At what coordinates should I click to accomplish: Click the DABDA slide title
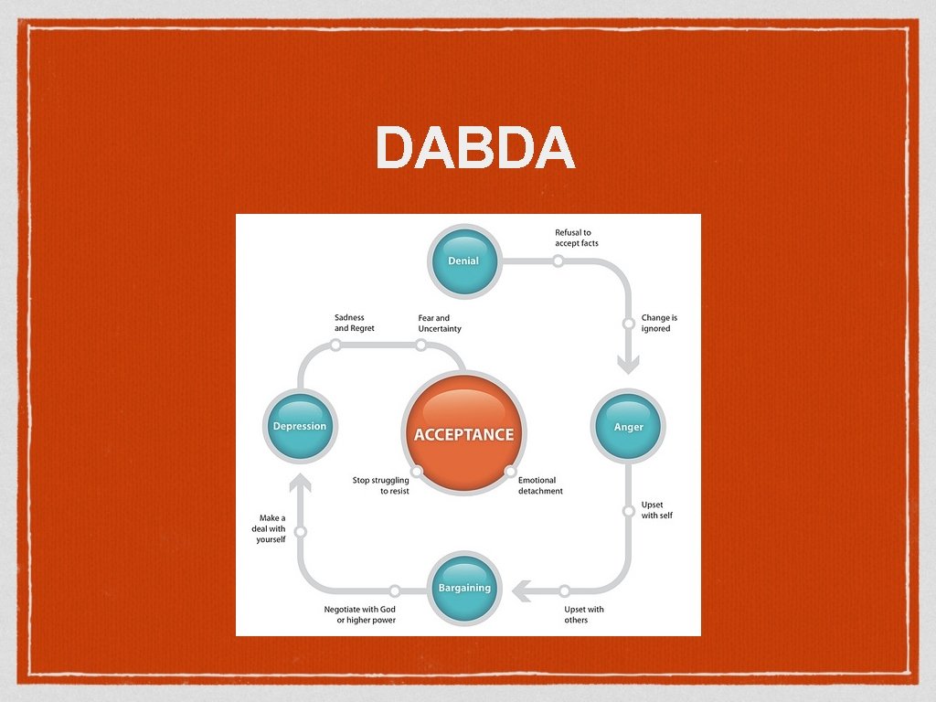pyautogui.click(x=474, y=148)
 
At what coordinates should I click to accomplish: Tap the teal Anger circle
pyautogui.click(x=628, y=427)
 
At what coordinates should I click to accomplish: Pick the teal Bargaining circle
pyautogui.click(x=464, y=588)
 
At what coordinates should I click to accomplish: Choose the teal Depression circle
pyautogui.click(x=300, y=427)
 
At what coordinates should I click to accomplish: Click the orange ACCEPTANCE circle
pyautogui.click(x=464, y=434)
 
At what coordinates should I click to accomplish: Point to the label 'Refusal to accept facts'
pyautogui.click(x=577, y=238)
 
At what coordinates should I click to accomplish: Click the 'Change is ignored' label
pyautogui.click(x=659, y=324)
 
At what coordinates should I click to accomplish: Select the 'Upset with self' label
pyautogui.click(x=656, y=510)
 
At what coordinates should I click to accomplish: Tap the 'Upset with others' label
pyautogui.click(x=583, y=614)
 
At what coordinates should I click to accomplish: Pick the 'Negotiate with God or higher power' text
pyautogui.click(x=360, y=614)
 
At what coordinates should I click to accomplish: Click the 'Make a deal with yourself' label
pyautogui.click(x=270, y=528)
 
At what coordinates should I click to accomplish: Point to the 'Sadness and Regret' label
pyautogui.click(x=354, y=324)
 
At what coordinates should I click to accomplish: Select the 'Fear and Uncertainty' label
pyautogui.click(x=440, y=324)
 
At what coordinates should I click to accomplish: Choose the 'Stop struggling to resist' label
pyautogui.click(x=381, y=485)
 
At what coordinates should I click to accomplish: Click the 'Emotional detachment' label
pyautogui.click(x=540, y=485)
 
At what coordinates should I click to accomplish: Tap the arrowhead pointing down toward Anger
pyautogui.click(x=628, y=366)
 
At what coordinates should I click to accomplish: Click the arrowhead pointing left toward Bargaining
pyautogui.click(x=523, y=591)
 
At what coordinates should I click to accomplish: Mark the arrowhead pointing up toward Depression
pyautogui.click(x=300, y=482)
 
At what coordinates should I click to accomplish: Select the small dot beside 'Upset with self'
pyautogui.click(x=629, y=511)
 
